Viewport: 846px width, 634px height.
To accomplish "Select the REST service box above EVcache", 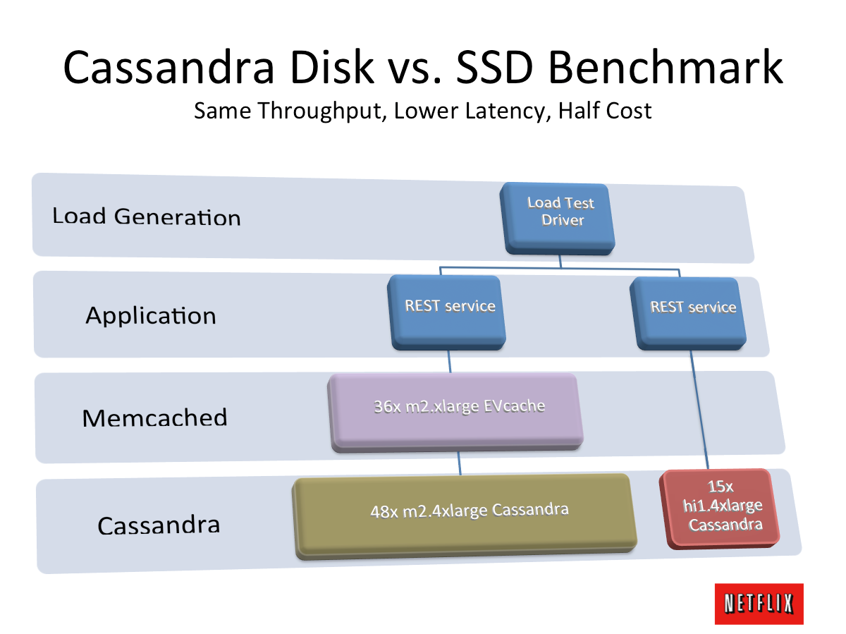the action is (x=447, y=312).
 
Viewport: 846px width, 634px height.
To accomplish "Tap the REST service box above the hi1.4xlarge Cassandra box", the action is (x=688, y=313).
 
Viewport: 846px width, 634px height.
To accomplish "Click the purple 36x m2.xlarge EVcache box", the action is (x=455, y=413).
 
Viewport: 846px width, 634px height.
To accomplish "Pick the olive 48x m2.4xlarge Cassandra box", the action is (x=465, y=516).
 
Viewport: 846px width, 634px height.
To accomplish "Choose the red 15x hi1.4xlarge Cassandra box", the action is (x=719, y=508).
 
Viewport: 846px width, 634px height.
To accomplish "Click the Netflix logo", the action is (x=759, y=604).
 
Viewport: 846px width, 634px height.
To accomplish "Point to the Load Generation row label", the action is (x=147, y=217).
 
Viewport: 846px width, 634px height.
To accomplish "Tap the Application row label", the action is (x=151, y=316).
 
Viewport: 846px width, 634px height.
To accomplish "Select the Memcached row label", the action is (x=154, y=417).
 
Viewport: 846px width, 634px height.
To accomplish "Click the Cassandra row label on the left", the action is (x=159, y=525).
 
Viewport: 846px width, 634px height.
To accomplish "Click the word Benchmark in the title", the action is (x=666, y=67).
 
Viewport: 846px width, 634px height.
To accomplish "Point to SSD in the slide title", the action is (x=495, y=68).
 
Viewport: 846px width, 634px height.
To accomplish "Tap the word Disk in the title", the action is (x=332, y=67).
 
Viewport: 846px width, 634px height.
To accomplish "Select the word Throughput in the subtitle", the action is (x=322, y=111).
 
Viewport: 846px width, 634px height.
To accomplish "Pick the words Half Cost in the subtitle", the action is (x=605, y=111).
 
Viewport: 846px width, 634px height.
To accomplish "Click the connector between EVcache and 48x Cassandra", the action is (x=459, y=463).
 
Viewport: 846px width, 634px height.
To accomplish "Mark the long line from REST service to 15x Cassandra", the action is (x=699, y=409).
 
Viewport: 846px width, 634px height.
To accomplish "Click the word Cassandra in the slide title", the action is (x=168, y=68).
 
